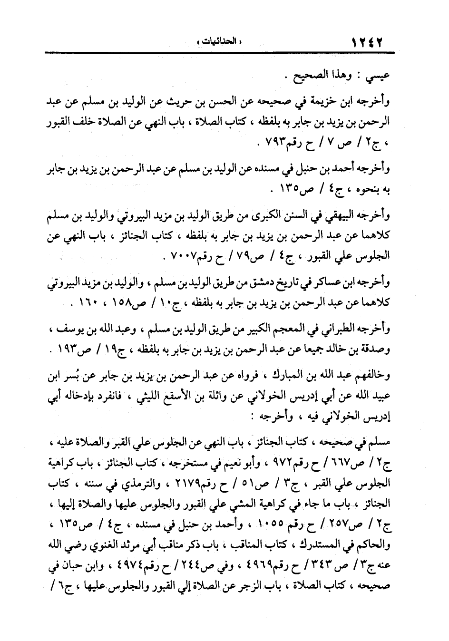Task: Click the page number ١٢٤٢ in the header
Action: [368, 42]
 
